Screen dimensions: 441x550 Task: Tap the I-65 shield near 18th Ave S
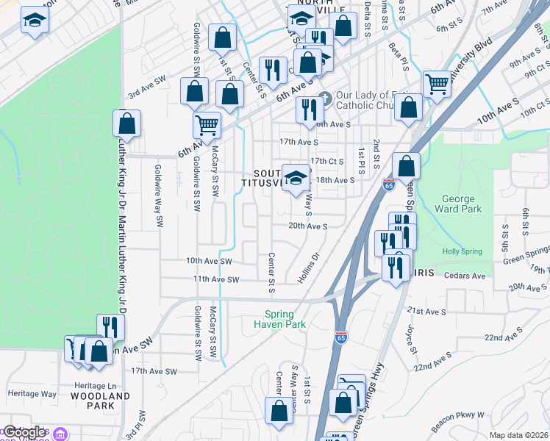[x=389, y=185]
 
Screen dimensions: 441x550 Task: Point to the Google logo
[x=24, y=433]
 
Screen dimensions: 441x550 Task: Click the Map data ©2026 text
[x=519, y=435]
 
